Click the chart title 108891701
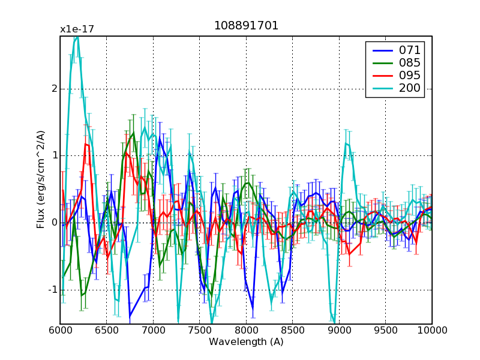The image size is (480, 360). click(246, 26)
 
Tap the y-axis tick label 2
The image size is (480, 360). click(54, 89)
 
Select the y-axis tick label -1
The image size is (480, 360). click(52, 290)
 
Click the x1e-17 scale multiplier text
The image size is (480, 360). click(77, 29)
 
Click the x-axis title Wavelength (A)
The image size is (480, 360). click(246, 342)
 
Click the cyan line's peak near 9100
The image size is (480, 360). click(347, 143)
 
